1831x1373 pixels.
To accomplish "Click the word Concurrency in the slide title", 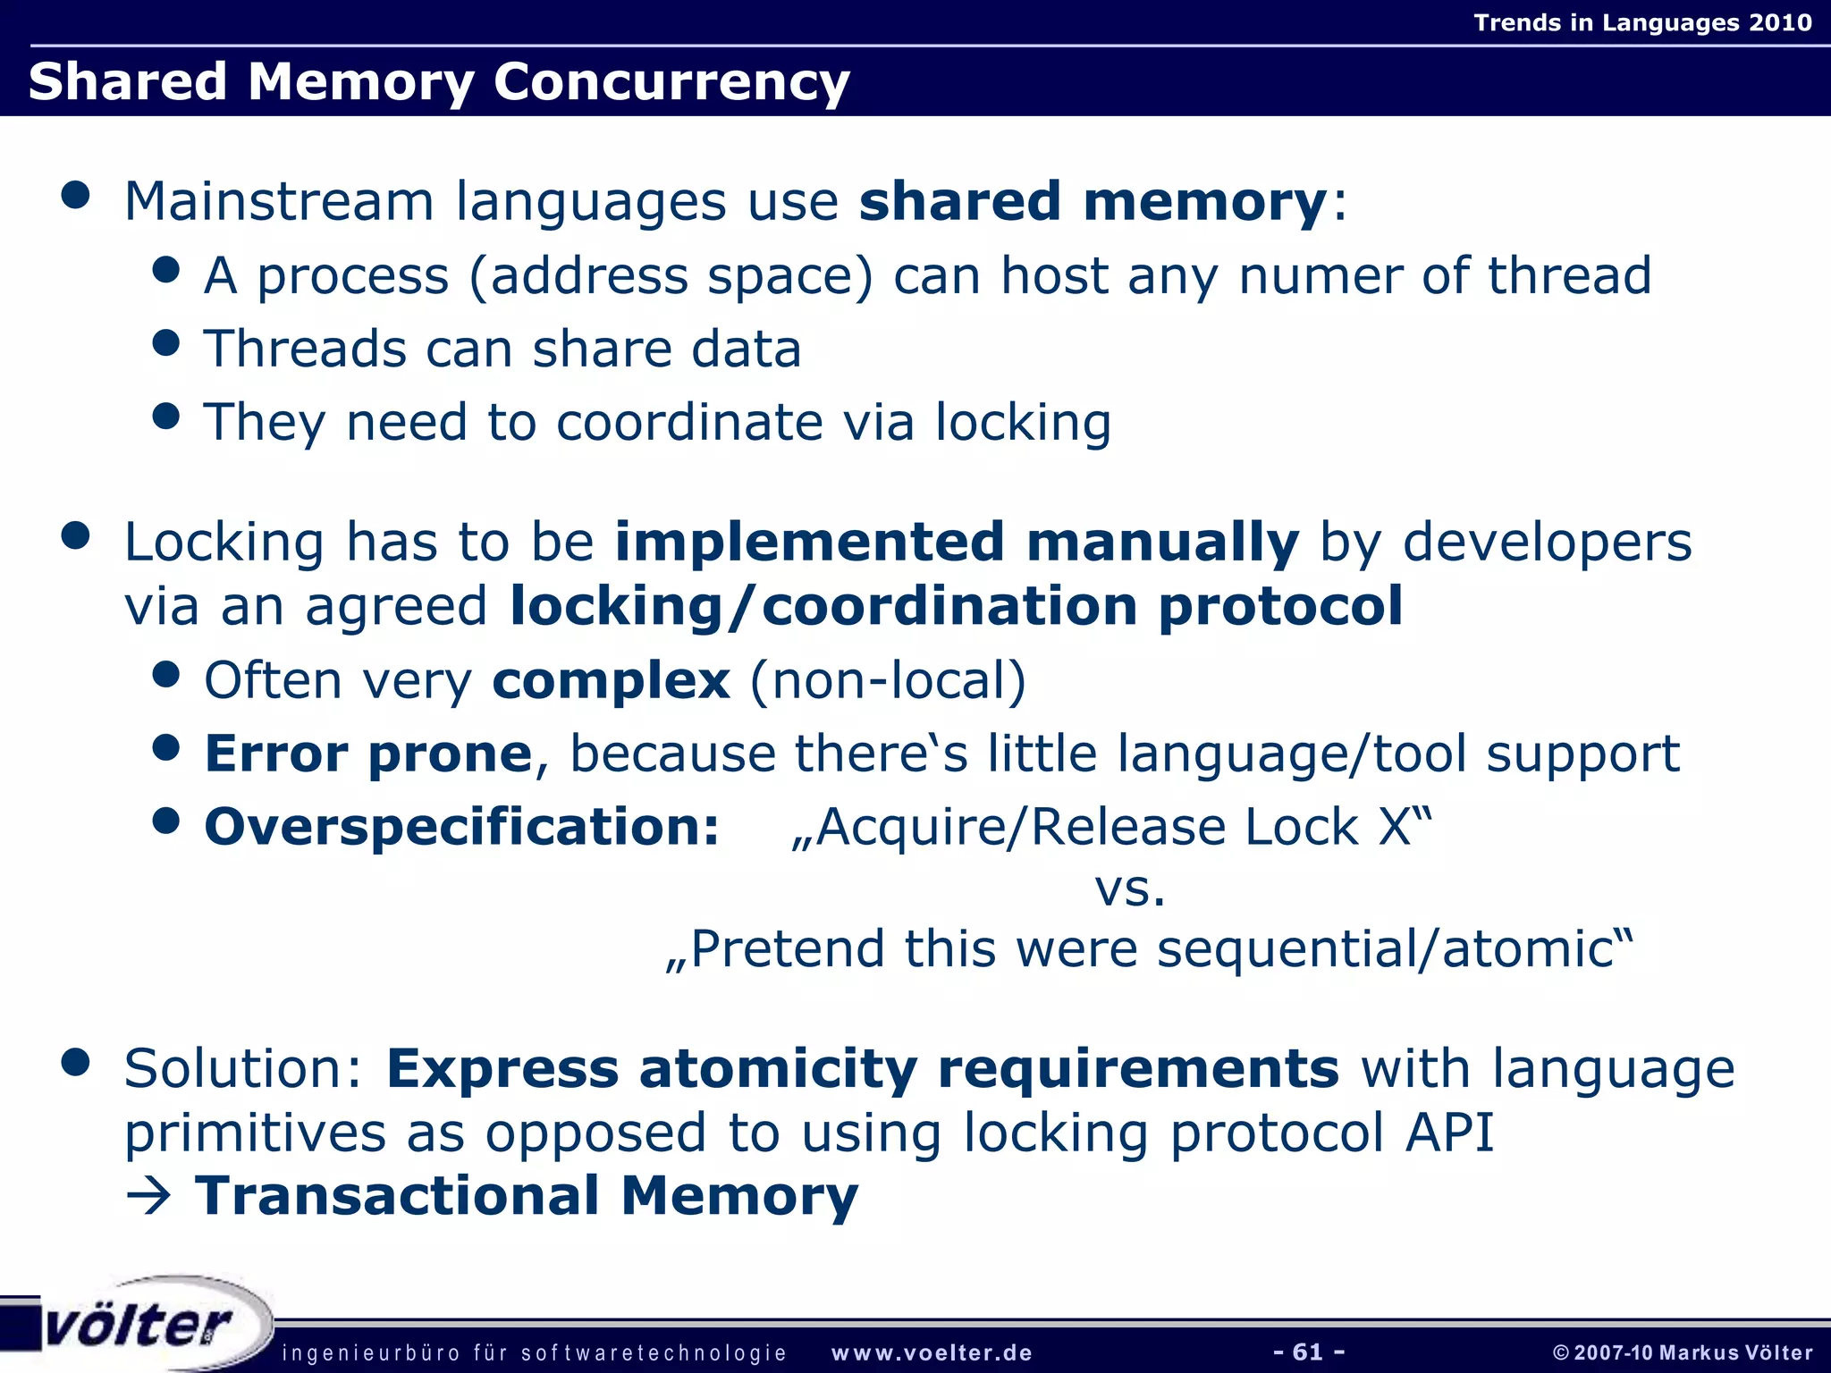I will pos(671,82).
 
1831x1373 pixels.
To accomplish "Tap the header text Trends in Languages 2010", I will pos(1642,22).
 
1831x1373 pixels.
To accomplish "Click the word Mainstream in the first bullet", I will pos(278,201).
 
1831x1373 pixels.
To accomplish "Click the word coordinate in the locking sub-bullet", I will pos(689,422).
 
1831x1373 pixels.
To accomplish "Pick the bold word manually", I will pos(1162,542).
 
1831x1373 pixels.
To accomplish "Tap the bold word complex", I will pos(611,680).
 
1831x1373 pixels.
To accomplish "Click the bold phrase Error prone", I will pos(368,754).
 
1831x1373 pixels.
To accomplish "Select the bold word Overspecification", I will pos(461,827).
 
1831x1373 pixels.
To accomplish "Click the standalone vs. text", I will pos(1130,889).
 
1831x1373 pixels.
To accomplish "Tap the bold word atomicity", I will pos(778,1068).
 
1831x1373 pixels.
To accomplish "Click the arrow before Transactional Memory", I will pos(148,1197).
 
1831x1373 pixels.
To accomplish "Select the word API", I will pos(1449,1133).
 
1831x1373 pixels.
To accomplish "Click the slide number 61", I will pos(1308,1352).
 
